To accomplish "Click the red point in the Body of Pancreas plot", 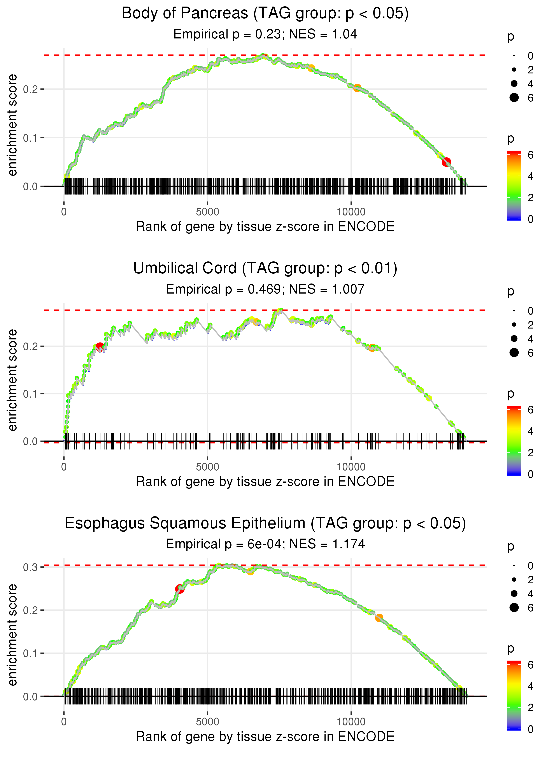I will (446, 162).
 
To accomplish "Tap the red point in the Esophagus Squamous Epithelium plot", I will (180, 589).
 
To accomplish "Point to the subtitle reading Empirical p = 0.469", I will (265, 289).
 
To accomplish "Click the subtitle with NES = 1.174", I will (265, 544).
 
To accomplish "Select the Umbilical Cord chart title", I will (265, 268).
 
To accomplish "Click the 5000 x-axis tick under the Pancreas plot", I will (207, 212).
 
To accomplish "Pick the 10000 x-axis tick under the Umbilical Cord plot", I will (351, 467).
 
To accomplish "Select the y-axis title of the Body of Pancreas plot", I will (12, 125).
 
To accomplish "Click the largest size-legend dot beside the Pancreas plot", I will (514, 97).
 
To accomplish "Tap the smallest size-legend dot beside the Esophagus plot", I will (514, 566).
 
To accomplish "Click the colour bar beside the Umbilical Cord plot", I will (514, 440).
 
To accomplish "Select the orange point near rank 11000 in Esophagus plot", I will (379, 618).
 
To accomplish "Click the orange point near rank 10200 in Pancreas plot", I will (357, 88).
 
